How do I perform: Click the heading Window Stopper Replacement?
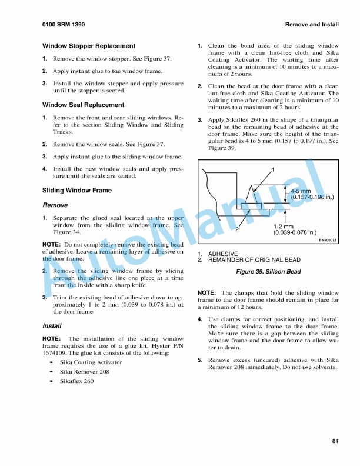[89, 46]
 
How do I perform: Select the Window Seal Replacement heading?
[83, 105]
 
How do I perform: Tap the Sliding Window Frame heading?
[77, 191]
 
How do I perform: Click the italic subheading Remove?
[55, 205]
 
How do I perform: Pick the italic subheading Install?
[52, 325]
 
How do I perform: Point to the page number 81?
[335, 441]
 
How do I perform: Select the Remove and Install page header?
[312, 25]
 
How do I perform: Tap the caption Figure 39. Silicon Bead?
[268, 272]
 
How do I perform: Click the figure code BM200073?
[327, 240]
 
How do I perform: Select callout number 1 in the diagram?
[272, 169]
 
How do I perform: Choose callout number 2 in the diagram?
[237, 229]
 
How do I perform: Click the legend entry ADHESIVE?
[222, 254]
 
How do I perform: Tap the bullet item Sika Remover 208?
[85, 372]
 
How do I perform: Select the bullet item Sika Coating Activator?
[91, 362]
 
